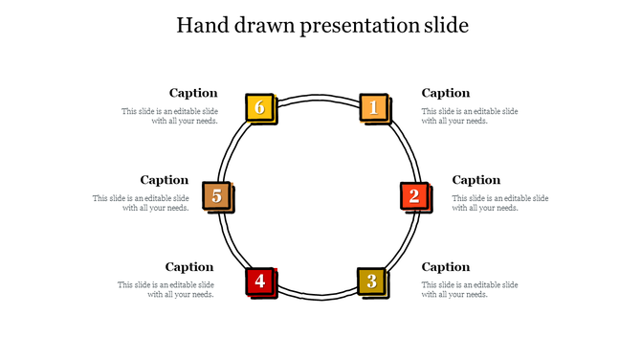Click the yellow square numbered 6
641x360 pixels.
point(259,107)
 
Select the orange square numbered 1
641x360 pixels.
point(373,107)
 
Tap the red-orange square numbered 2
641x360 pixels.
point(413,196)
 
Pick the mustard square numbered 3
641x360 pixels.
point(370,281)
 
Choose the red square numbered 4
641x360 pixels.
point(259,281)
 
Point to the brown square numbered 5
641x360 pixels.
point(217,196)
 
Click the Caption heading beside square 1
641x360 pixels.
point(446,93)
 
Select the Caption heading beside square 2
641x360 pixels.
point(475,180)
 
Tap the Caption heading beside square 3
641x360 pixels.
point(446,267)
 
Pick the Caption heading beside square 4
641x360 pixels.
point(189,267)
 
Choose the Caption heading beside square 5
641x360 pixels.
point(165,180)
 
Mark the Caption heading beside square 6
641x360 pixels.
point(193,93)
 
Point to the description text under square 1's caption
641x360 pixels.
point(470,116)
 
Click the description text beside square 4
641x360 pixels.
point(166,289)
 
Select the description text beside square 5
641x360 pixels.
point(141,203)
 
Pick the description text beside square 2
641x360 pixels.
point(499,203)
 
